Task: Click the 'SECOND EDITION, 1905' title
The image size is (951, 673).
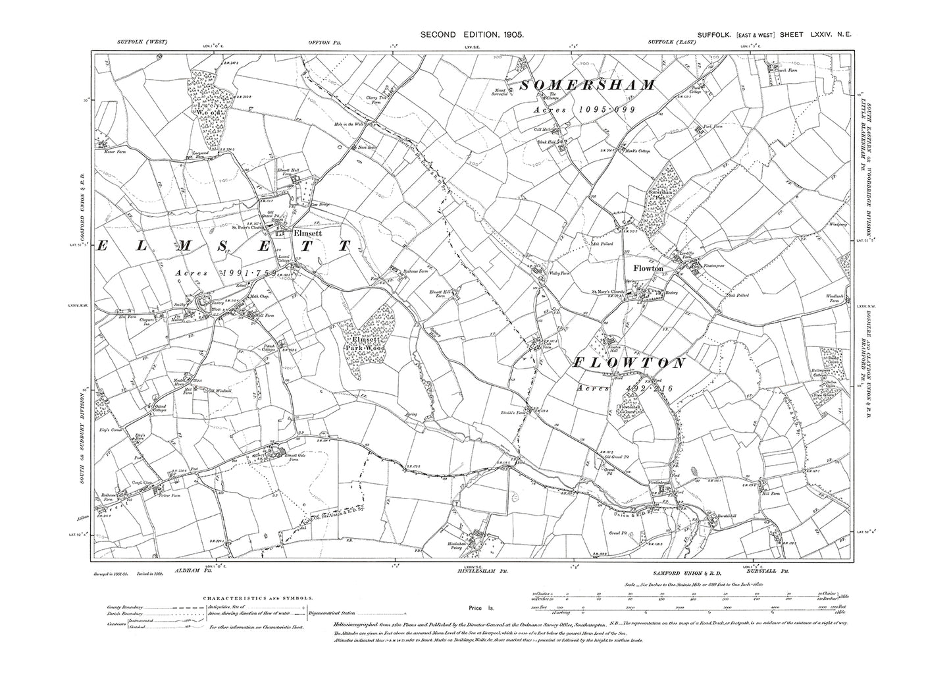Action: [x=472, y=35]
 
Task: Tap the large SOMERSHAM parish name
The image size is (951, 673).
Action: [x=588, y=86]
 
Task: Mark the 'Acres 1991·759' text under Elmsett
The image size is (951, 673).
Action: [x=224, y=272]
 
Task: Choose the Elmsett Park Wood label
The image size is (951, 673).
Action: [x=365, y=344]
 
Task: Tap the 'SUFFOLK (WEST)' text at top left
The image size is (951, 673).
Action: [x=142, y=43]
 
